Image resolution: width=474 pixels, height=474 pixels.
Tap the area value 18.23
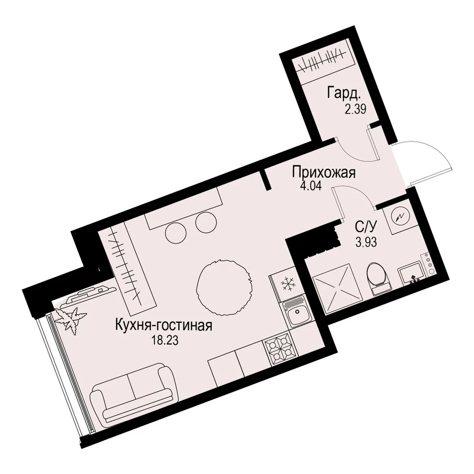point(165,341)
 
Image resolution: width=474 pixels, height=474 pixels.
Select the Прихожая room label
point(324,173)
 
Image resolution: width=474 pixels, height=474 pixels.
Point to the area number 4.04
point(311,185)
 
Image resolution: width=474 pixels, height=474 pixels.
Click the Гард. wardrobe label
point(344,94)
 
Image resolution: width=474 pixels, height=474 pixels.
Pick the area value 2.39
point(355,108)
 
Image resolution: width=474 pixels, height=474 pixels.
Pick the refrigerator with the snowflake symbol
point(285,284)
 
